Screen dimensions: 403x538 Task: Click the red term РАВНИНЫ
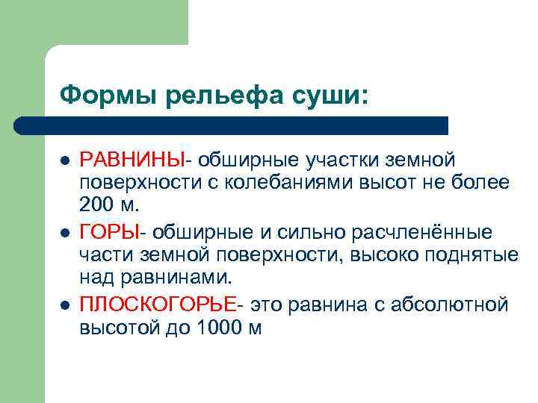pyautogui.click(x=132, y=160)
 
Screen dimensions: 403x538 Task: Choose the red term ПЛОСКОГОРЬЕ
pyautogui.click(x=157, y=305)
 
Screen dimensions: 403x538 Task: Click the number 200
pyautogui.click(x=96, y=205)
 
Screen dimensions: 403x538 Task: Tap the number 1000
pyautogui.click(x=214, y=328)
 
